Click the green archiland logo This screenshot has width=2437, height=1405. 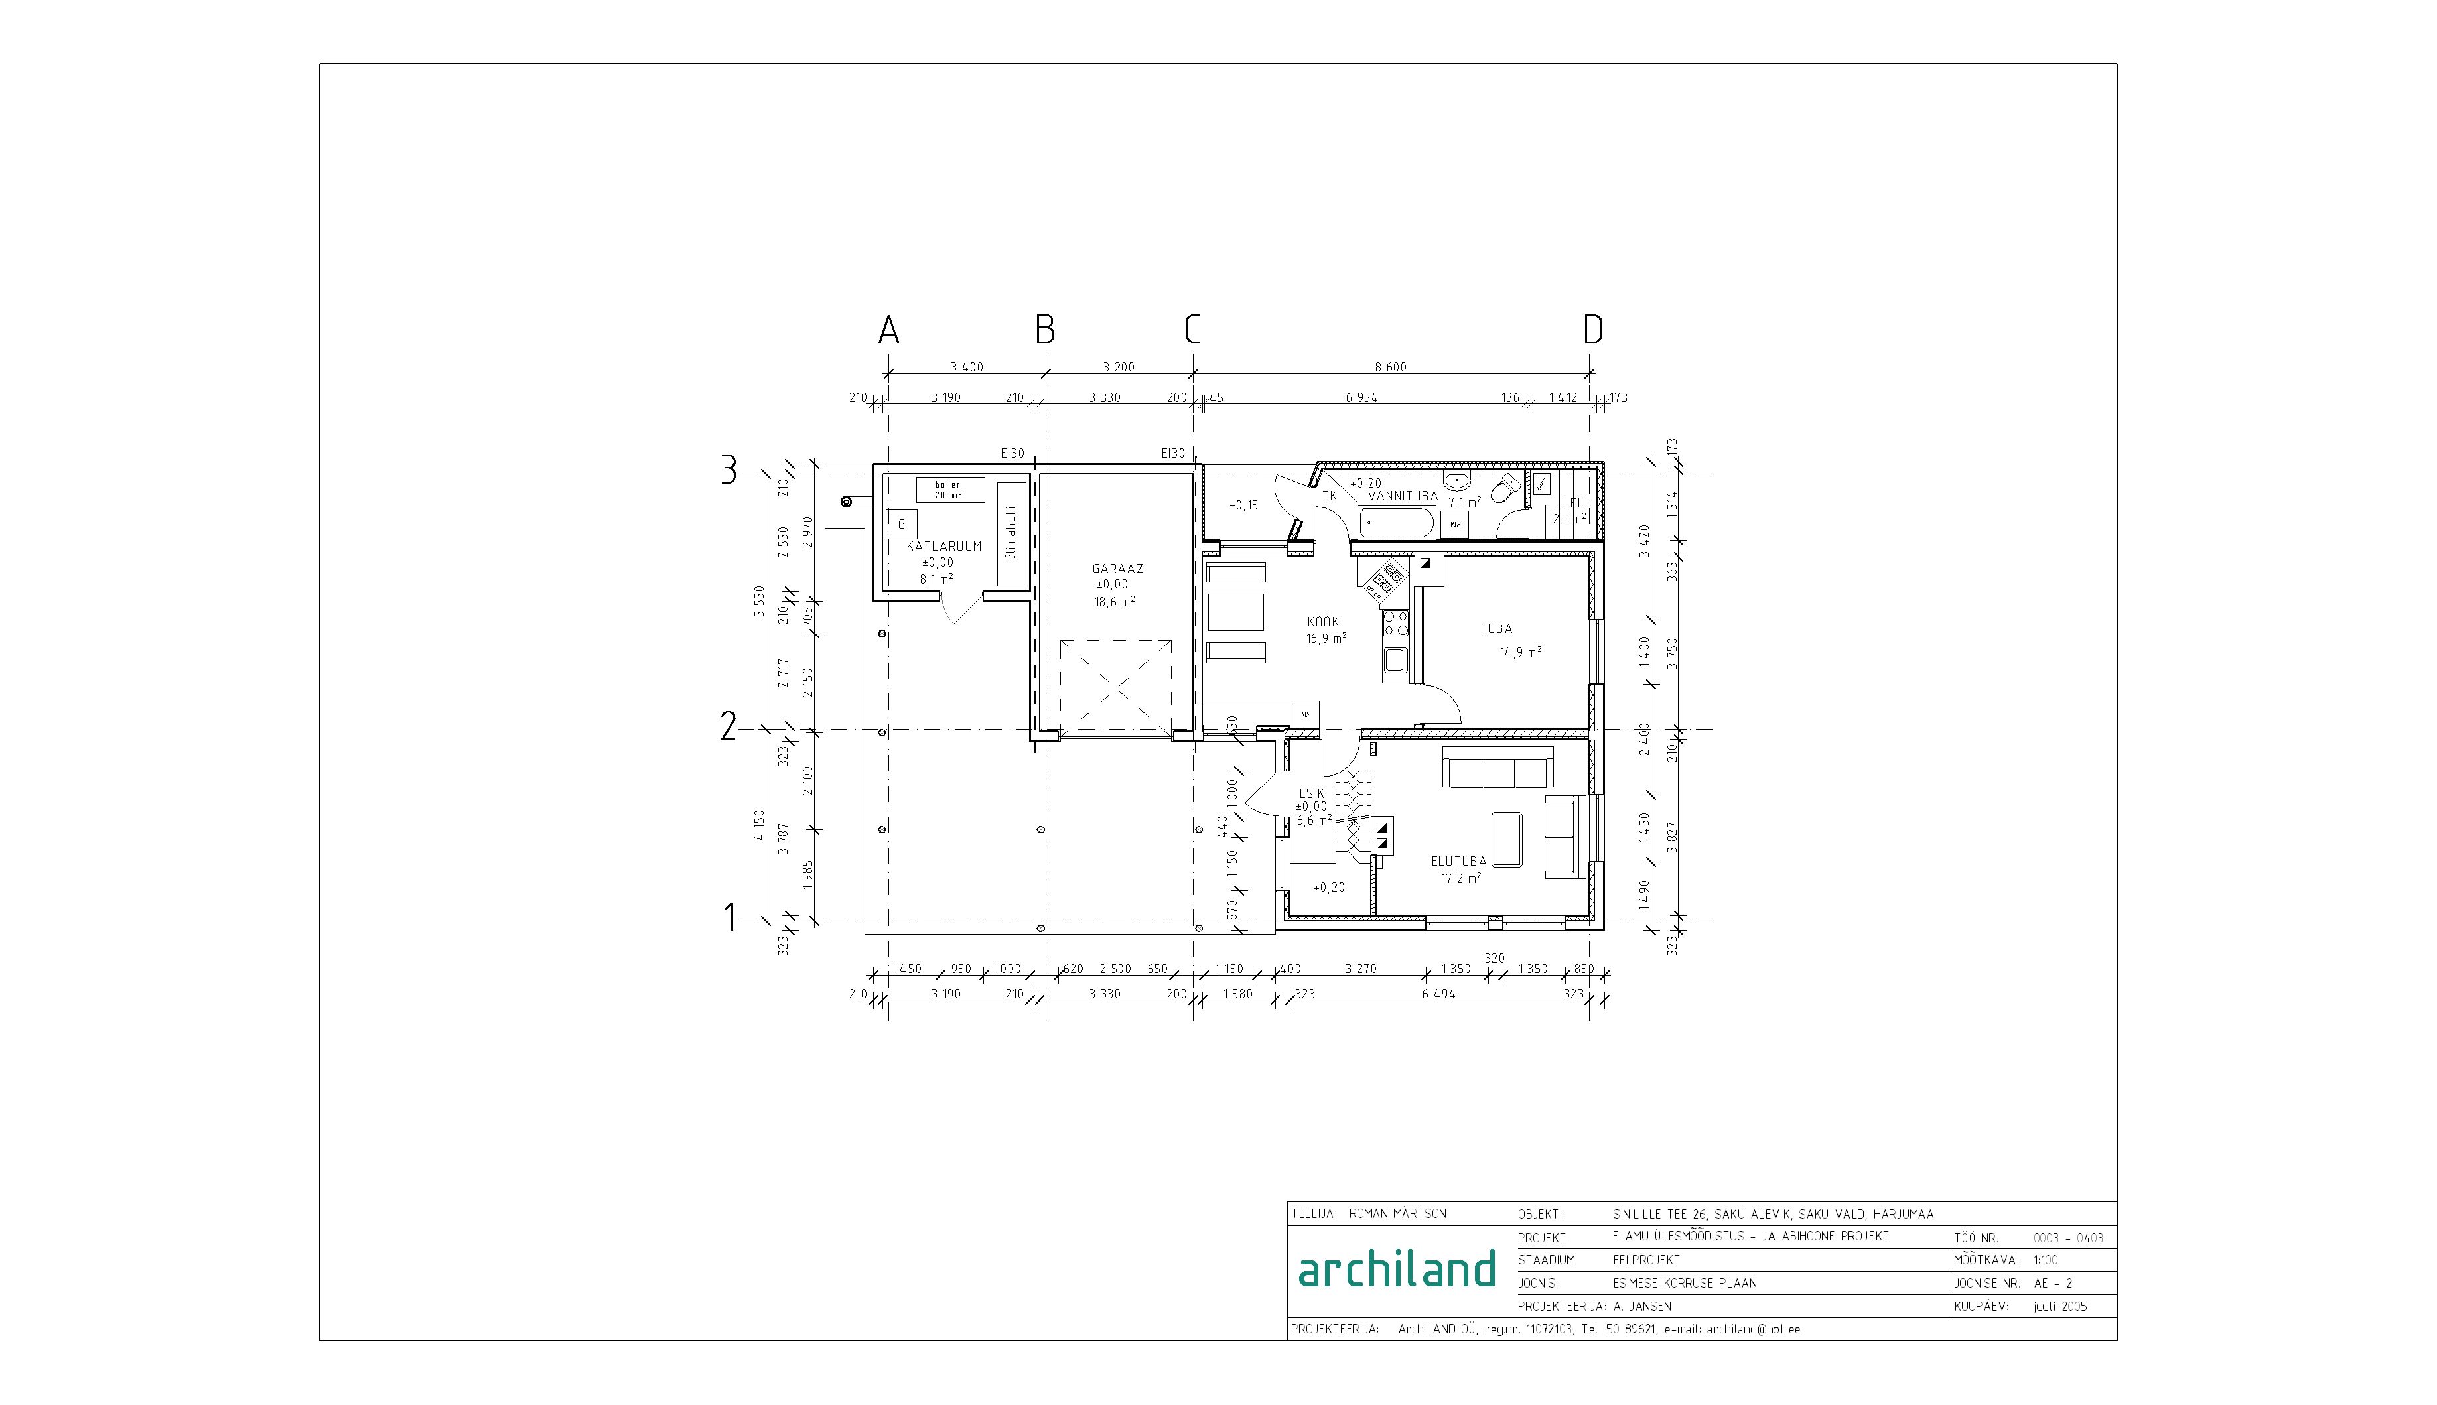[x=1397, y=1269]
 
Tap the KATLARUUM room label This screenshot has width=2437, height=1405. [x=944, y=546]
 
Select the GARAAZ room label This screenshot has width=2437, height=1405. [x=1117, y=569]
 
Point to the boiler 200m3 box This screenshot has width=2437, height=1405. [x=949, y=490]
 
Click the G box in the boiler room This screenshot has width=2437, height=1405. [x=226, y=524]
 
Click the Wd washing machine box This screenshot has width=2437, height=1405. [x=1454, y=525]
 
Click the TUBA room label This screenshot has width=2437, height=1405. [x=1496, y=629]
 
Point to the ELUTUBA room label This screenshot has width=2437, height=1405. [x=1458, y=862]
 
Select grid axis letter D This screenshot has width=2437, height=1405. [x=1592, y=330]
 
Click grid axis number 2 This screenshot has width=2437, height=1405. [x=729, y=726]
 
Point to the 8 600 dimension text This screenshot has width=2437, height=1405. [x=1390, y=368]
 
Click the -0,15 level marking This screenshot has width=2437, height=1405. [x=1243, y=505]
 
